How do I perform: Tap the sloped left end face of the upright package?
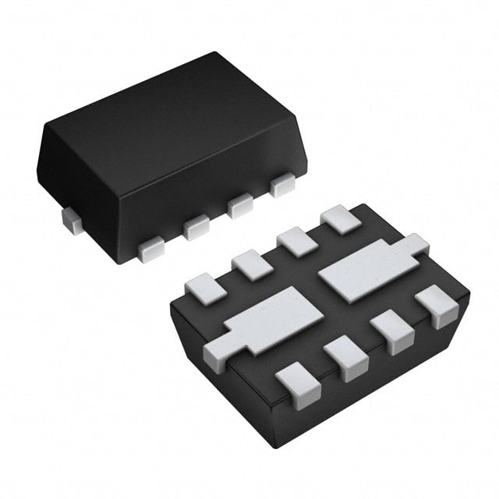pos(78,183)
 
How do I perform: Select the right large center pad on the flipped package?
pos(366,265)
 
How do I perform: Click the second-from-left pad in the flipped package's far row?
pos(251,264)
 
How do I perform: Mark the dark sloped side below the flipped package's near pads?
pos(374,390)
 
